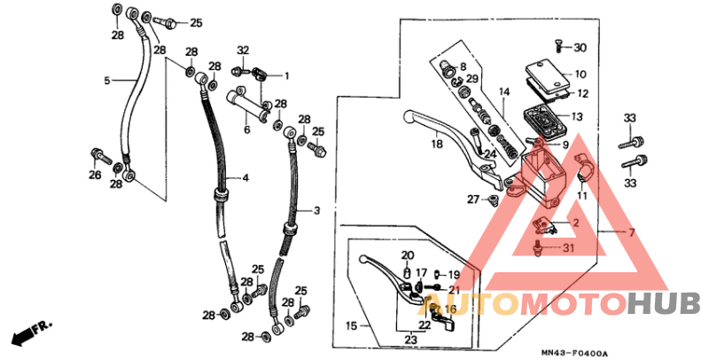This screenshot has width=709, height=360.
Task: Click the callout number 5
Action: pos(106,81)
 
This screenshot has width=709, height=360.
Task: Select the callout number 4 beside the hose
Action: pos(245,178)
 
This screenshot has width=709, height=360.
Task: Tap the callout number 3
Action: pos(315,211)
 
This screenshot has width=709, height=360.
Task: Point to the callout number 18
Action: pos(437,144)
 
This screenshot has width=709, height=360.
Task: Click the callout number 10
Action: pos(580,74)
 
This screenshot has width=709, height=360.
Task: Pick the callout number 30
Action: pos(580,48)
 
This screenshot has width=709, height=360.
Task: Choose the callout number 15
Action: pos(352,326)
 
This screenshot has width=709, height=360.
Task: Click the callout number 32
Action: pos(243,50)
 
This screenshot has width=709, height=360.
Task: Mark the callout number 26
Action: pos(95,175)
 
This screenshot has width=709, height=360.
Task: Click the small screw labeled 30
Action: pos(558,43)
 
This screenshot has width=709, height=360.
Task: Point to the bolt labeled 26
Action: pos(95,158)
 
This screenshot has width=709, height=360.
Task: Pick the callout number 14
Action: pos(503,91)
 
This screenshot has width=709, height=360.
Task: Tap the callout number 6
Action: pos(247,129)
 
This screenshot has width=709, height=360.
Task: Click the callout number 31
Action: pos(568,247)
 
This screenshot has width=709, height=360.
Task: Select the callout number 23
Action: pos(410,340)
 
